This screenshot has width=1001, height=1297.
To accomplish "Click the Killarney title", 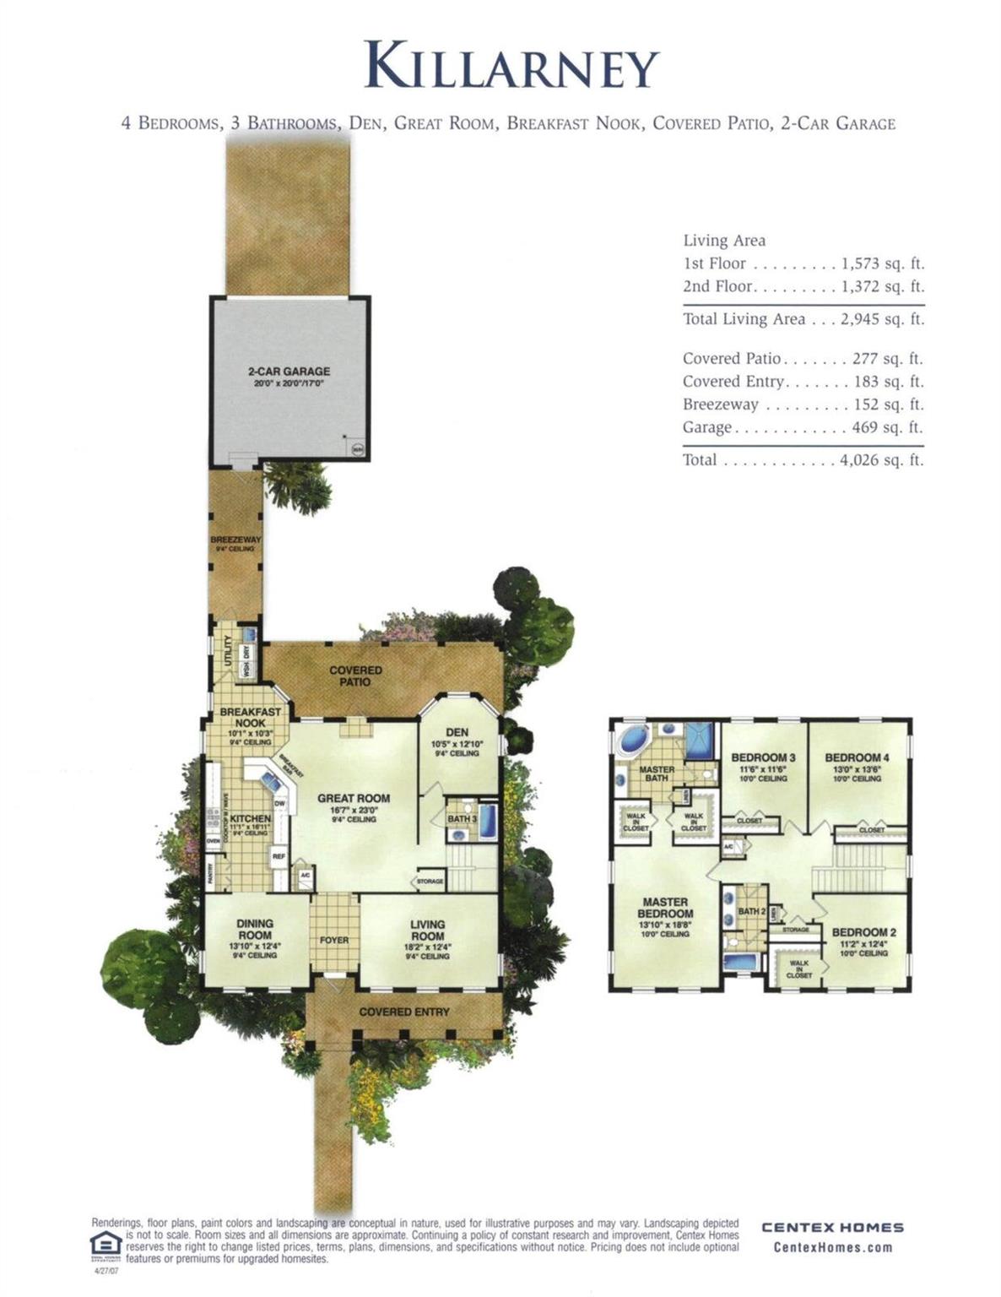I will click(x=511, y=65).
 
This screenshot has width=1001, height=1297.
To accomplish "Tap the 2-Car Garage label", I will click(x=289, y=372).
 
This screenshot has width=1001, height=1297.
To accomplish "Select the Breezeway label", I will click(x=235, y=540).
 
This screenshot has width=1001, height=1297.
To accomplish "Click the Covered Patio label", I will click(x=355, y=676).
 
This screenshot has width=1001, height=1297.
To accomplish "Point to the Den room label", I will click(x=457, y=732).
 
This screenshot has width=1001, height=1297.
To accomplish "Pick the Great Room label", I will click(x=354, y=798).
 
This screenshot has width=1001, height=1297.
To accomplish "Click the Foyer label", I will click(x=334, y=940).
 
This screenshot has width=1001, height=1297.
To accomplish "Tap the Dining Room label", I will click(x=254, y=930).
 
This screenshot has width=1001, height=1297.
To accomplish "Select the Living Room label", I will click(x=427, y=930).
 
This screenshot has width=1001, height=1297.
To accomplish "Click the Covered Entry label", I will click(x=404, y=1012).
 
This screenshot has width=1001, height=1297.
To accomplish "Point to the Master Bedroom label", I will click(x=665, y=908).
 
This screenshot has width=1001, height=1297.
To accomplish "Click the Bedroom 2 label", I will click(x=864, y=932).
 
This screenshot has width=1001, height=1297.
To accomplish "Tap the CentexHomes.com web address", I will click(x=832, y=1247).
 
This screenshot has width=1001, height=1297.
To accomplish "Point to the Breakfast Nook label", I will click(x=250, y=717).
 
